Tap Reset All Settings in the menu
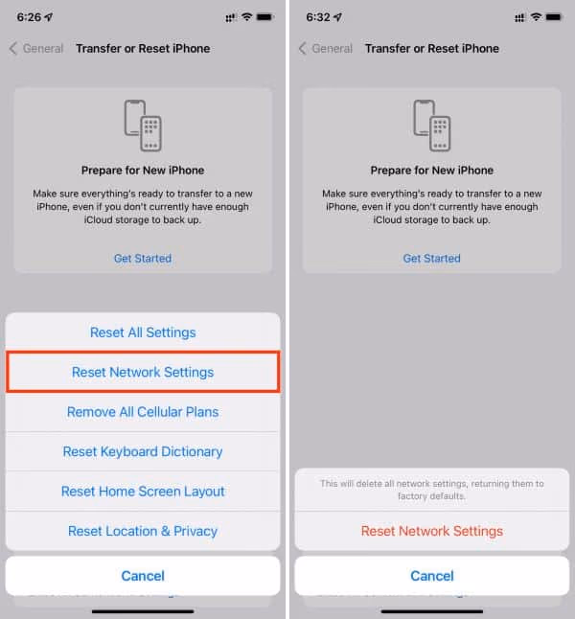point(143,332)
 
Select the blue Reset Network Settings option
point(143,372)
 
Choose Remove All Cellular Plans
point(143,412)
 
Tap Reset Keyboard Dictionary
point(143,451)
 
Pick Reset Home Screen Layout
point(143,492)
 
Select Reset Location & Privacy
point(143,531)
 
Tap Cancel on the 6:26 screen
point(143,576)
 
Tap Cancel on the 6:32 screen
point(431,576)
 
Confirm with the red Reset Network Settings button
point(431,531)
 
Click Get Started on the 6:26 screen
point(143,258)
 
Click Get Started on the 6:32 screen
point(431,258)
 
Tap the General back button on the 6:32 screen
point(326,48)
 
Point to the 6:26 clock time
point(29,17)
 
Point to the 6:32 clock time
point(318,17)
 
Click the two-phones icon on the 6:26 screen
point(143,126)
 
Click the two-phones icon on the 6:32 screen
point(431,126)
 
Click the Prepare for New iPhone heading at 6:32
point(431,171)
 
